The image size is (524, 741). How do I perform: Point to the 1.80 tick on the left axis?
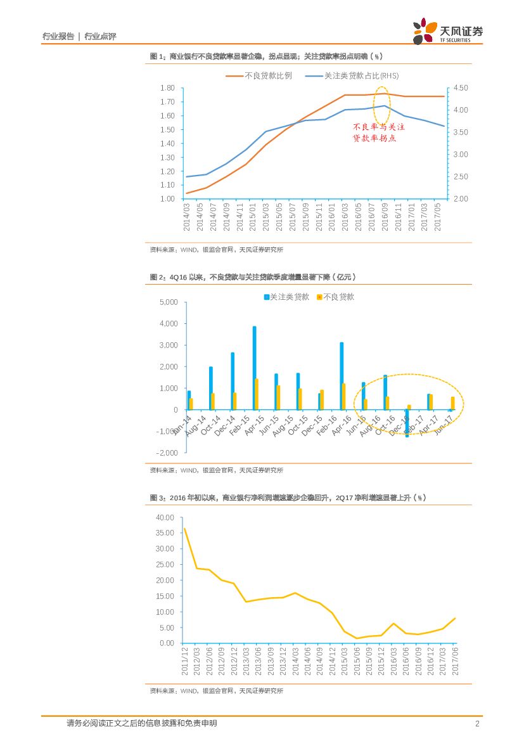[x=167, y=88]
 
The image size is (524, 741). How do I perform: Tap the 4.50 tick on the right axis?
[x=461, y=88]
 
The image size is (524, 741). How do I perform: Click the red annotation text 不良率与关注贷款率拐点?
[x=378, y=132]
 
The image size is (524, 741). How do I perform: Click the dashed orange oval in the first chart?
[x=382, y=105]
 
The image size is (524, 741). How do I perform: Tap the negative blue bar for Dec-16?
[x=407, y=423]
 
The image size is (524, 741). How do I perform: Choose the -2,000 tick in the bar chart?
[x=166, y=453]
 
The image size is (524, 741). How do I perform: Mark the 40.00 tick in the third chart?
[x=165, y=517]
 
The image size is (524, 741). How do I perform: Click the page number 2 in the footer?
[x=476, y=724]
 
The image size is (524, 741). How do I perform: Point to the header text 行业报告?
[x=58, y=37]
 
